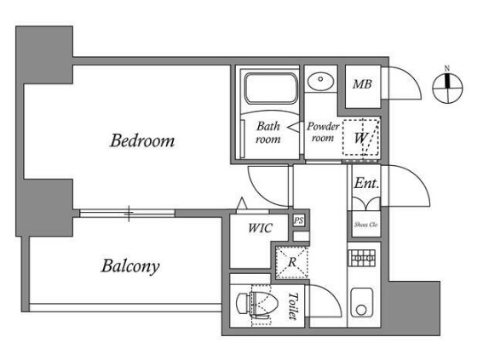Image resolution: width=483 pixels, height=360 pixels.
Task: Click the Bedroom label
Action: (x=142, y=140)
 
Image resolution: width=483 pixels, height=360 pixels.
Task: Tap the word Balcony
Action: (x=130, y=266)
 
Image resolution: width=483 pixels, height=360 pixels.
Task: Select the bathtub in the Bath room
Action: (x=271, y=89)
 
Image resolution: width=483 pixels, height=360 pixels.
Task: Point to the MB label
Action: (x=362, y=84)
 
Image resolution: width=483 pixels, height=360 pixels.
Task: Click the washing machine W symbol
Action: (x=361, y=137)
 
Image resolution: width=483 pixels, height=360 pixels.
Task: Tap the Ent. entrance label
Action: (x=366, y=183)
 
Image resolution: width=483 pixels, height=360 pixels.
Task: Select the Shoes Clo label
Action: (x=365, y=225)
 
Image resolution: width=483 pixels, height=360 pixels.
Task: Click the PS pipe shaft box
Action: (x=298, y=220)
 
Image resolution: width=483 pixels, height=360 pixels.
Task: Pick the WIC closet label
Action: (x=261, y=228)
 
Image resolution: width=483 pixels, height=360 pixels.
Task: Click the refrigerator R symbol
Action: (x=291, y=262)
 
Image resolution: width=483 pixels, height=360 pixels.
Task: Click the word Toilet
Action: (x=293, y=306)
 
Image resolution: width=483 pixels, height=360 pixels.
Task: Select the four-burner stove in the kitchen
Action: (x=362, y=258)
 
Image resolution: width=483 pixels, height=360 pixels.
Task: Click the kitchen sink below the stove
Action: (x=362, y=303)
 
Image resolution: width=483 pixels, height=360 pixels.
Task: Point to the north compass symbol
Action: (x=447, y=89)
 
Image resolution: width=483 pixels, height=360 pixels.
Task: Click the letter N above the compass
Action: (x=447, y=68)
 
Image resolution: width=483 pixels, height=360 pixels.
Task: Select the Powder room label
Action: (x=323, y=132)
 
